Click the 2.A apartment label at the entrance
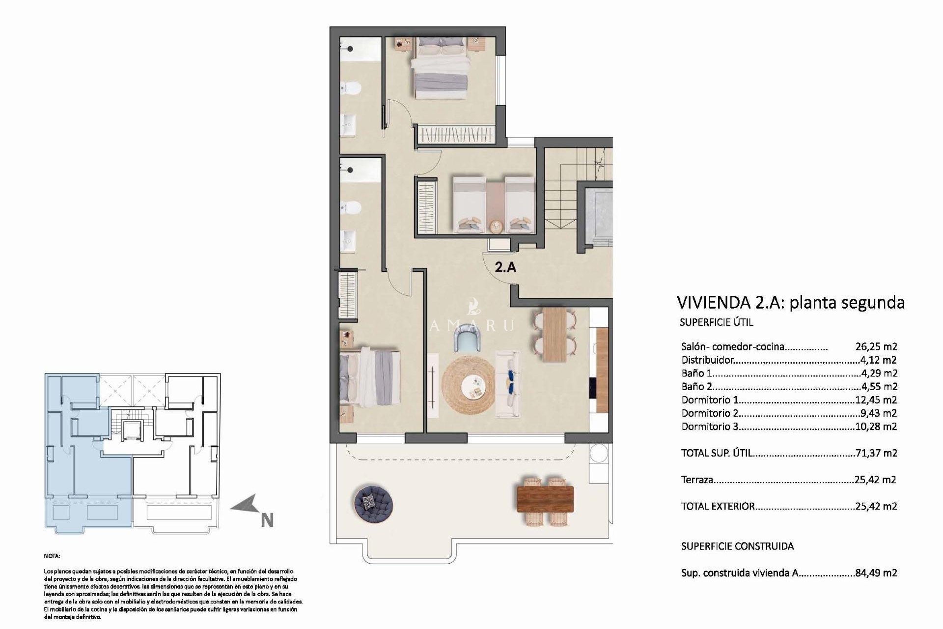coord(505,268)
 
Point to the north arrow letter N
coord(267,520)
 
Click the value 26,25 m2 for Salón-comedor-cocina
coord(876,347)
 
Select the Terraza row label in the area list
coord(697,480)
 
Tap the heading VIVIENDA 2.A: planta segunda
coord(790,302)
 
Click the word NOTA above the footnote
coord(52,556)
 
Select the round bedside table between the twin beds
coord(496,227)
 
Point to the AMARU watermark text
coord(472,325)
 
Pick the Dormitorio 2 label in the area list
coord(710,413)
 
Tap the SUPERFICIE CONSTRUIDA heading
coord(737,546)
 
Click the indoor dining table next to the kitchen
coord(555,334)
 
